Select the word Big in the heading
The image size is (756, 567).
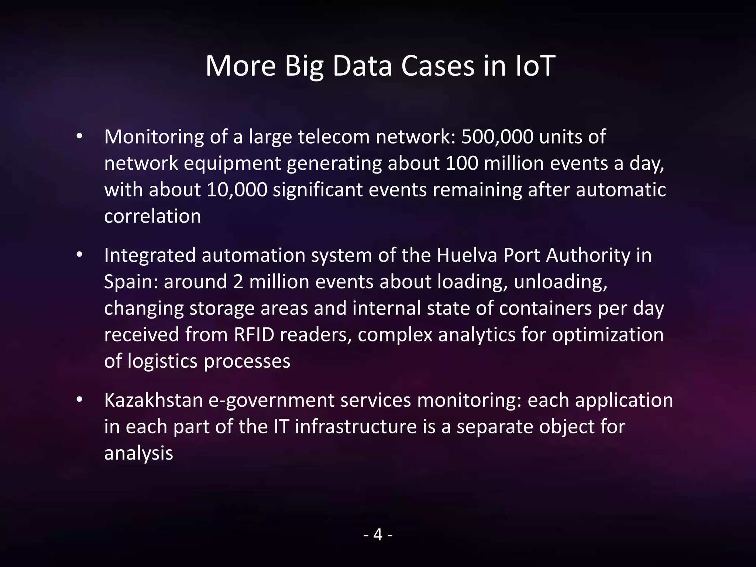point(304,66)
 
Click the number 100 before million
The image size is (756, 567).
point(462,164)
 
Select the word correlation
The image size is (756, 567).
point(152,216)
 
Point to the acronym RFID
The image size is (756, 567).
point(254,335)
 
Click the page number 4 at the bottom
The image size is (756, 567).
point(378,535)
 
